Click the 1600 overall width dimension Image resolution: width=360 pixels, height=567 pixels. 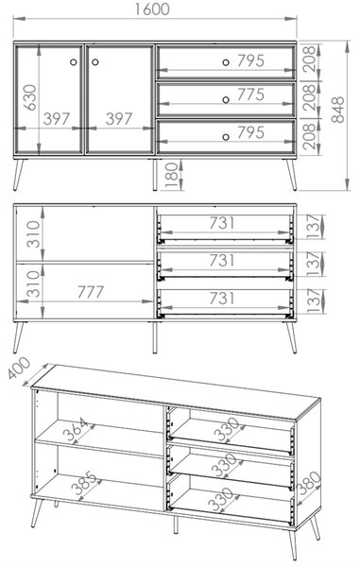(152, 9)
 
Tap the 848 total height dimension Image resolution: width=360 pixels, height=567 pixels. (338, 110)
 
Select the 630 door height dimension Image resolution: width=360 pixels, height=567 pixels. (30, 97)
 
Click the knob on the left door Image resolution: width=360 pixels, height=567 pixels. (74, 62)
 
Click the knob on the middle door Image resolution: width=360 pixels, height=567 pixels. (95, 62)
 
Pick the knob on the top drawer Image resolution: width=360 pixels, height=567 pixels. (226, 62)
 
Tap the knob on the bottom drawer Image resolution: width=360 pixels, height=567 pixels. (226, 137)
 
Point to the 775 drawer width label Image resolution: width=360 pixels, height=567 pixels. (250, 94)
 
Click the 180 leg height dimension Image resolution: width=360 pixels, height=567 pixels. (172, 176)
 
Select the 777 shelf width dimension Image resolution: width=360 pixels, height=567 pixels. (91, 292)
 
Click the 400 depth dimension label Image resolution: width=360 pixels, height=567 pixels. (19, 368)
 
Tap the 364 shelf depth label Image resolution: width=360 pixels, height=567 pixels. (75, 429)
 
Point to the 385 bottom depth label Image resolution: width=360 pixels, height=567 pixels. (84, 483)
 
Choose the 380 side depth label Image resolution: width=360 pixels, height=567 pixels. (308, 484)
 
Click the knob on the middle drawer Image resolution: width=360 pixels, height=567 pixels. (226, 100)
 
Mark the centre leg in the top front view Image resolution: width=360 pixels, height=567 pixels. (155, 175)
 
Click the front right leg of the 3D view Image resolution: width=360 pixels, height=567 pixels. (293, 545)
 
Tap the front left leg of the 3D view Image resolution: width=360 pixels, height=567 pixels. (37, 513)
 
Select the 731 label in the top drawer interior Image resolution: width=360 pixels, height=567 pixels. (222, 223)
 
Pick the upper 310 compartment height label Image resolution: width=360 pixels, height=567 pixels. (33, 234)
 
